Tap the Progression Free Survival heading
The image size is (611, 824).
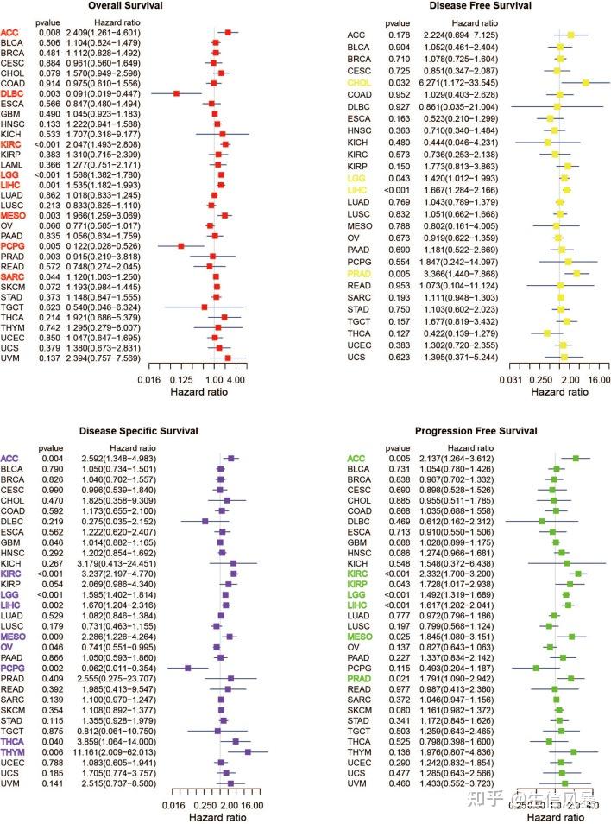coord(473,429)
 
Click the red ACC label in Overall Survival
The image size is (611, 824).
coord(10,32)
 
